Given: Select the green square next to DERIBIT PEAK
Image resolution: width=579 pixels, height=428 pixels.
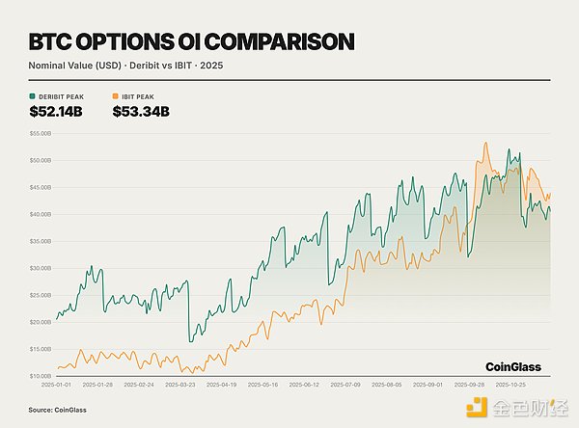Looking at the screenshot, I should [x=33, y=96].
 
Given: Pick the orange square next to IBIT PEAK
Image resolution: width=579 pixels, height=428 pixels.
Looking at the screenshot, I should [x=117, y=96].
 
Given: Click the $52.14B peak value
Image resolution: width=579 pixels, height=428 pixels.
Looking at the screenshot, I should [x=57, y=112].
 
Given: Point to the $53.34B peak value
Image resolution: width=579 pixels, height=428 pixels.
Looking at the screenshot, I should [x=141, y=112].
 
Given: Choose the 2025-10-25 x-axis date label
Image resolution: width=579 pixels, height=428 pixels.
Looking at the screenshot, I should [x=511, y=384].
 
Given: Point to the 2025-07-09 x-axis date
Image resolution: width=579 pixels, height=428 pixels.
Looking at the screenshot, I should [x=345, y=384].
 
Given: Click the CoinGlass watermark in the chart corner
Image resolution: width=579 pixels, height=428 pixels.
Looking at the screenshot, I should [x=512, y=366].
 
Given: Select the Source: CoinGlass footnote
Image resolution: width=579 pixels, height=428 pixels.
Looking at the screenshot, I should [x=54, y=410].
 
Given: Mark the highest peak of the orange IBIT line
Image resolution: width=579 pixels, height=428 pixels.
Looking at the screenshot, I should [x=484, y=144].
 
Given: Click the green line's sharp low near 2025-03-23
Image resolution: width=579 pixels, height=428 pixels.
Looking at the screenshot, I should [x=190, y=341].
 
